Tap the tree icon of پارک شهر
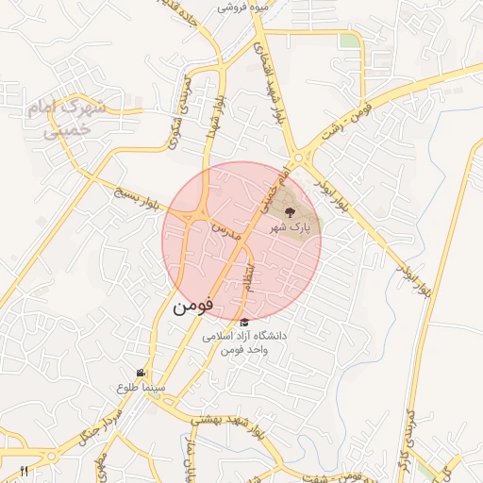289,212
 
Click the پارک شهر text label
289,227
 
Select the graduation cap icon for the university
245,322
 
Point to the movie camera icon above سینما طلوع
141,374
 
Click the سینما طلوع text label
142,387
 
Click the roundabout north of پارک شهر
298,159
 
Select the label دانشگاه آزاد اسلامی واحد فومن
245,342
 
